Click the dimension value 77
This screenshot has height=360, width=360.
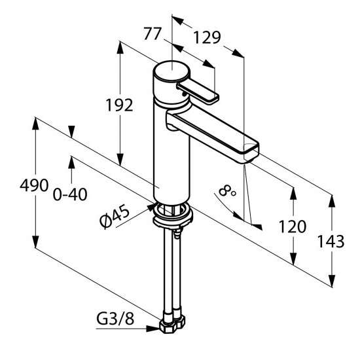[x=153, y=34]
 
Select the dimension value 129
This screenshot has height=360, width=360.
[x=207, y=37]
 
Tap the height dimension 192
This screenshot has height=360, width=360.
[x=119, y=105]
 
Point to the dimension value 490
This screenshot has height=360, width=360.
[x=34, y=185]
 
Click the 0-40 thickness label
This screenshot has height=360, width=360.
[x=70, y=194]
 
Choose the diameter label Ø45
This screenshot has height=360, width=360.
[x=115, y=216]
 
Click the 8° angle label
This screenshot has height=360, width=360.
[x=226, y=191]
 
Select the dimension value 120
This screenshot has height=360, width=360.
[x=293, y=226]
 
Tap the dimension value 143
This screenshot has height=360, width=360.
[x=331, y=242]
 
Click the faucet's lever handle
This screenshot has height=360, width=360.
[x=198, y=92]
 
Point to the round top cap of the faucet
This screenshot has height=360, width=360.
[x=171, y=71]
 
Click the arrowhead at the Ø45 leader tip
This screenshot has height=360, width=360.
[x=151, y=207]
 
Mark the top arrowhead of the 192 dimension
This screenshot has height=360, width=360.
[x=120, y=48]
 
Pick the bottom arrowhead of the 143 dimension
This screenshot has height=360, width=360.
[x=332, y=281]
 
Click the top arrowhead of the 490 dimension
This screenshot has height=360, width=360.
[x=35, y=123]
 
